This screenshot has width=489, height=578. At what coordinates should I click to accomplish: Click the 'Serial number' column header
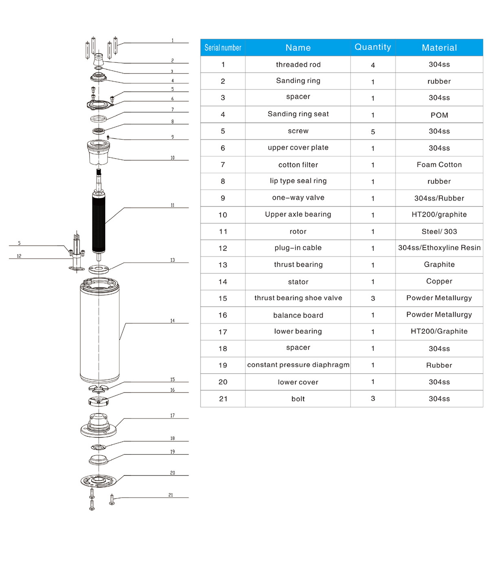222,48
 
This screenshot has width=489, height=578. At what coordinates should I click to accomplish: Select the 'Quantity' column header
372,47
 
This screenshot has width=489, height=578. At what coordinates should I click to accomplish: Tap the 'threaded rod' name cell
298,64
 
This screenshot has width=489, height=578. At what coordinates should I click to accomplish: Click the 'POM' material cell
439,115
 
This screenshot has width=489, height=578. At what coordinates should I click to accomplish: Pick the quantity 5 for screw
372,132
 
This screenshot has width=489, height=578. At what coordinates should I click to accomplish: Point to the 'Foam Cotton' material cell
439,165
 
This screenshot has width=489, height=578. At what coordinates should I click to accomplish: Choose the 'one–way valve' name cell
298,198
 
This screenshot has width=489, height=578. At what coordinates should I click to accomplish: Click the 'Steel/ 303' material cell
439,232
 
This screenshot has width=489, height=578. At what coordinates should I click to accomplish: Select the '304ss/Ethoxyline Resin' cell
439,248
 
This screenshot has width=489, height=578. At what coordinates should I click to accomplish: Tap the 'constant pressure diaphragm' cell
298,365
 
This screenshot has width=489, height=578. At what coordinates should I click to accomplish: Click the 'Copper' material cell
439,281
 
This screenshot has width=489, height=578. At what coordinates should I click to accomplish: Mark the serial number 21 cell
222,399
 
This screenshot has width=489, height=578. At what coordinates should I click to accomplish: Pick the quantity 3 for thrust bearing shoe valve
372,299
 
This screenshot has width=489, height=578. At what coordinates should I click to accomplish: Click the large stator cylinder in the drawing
99,330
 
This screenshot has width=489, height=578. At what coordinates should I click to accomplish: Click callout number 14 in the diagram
172,321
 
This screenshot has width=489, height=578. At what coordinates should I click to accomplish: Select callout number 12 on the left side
19,256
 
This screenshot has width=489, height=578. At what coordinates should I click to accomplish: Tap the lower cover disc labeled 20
98,481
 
